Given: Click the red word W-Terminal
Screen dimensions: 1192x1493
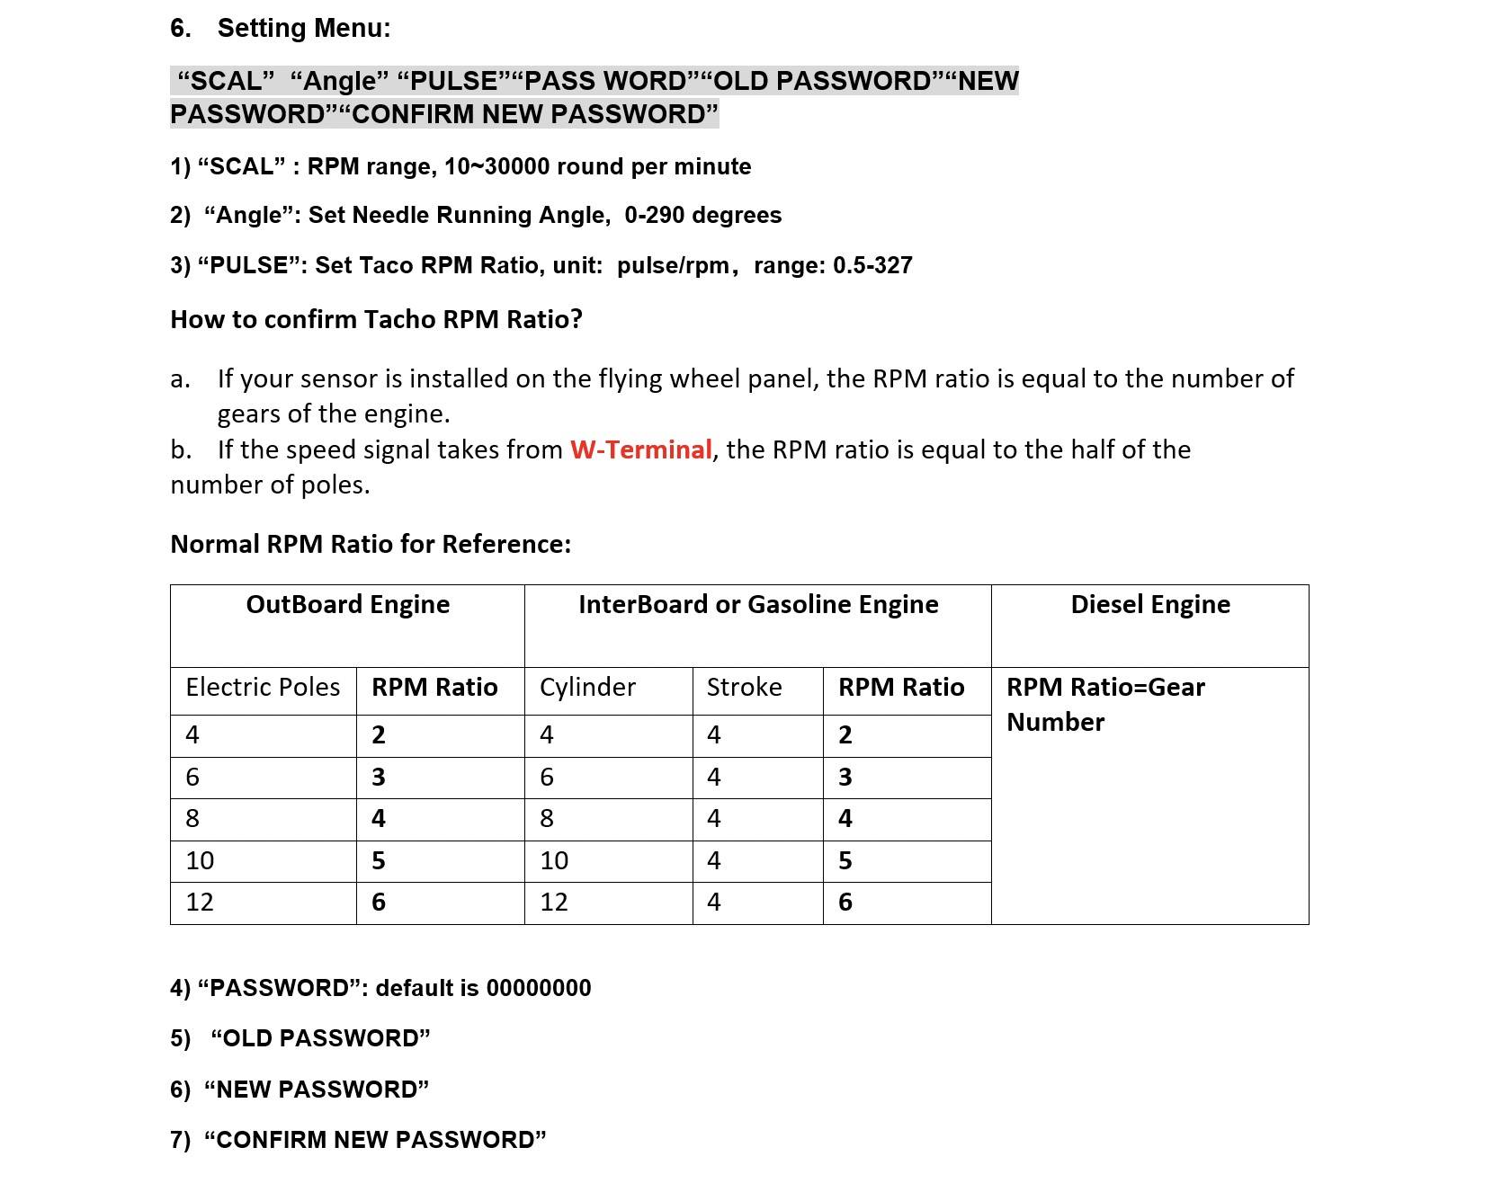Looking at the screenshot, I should (x=641, y=449).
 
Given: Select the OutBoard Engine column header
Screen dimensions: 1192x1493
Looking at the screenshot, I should (x=347, y=604).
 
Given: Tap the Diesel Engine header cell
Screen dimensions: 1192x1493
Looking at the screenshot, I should (x=1149, y=604).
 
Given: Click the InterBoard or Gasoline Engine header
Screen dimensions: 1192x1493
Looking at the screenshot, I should (x=757, y=604).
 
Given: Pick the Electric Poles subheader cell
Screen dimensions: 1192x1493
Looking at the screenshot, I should (x=263, y=688).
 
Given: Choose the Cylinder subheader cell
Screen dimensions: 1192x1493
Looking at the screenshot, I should (x=587, y=688).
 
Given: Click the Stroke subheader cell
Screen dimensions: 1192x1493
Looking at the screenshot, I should (x=744, y=688).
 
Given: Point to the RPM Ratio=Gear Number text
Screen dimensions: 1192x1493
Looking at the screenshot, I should (x=1104, y=704).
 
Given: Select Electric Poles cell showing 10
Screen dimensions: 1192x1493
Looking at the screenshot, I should (x=200, y=861).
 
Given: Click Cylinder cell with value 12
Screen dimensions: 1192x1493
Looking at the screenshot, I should (x=554, y=903).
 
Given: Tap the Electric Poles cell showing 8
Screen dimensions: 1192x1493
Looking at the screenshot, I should (x=192, y=819).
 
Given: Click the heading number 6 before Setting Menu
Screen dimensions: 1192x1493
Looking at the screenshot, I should (x=180, y=29).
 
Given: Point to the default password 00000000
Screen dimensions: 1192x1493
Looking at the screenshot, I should (x=538, y=988).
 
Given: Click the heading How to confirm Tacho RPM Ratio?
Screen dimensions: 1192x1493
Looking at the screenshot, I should (x=376, y=320).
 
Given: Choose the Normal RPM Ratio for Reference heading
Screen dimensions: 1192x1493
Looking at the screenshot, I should (x=371, y=545).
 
